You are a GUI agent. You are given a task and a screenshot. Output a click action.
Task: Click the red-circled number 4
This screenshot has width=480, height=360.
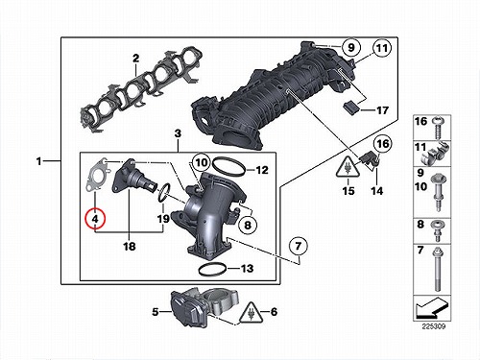point(95,220)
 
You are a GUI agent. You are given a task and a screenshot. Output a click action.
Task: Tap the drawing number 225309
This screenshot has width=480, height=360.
point(434,326)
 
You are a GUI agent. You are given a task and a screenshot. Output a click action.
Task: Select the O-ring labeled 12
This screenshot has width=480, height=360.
point(229,165)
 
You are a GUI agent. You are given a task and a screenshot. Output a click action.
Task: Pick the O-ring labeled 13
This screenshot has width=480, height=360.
point(213,269)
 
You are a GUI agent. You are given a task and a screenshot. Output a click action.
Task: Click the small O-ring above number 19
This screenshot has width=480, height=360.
point(163,193)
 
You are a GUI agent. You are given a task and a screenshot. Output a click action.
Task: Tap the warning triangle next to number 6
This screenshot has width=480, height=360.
point(251,313)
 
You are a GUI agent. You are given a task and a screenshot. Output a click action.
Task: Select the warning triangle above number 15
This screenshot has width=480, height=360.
point(348,167)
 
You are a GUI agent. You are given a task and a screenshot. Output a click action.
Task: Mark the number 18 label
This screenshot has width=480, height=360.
point(130,247)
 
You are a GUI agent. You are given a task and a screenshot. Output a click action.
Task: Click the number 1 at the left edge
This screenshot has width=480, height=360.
point(39,161)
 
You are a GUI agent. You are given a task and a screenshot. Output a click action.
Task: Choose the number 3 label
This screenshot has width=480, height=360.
point(178,133)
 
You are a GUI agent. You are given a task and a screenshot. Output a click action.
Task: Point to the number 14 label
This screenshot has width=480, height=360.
point(377,191)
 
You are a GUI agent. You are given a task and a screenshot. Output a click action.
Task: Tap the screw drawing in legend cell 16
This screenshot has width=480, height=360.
point(438,128)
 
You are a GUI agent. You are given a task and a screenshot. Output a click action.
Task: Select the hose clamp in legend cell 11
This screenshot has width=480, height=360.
point(434,153)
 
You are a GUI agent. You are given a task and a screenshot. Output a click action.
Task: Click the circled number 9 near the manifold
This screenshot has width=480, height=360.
point(351,47)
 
